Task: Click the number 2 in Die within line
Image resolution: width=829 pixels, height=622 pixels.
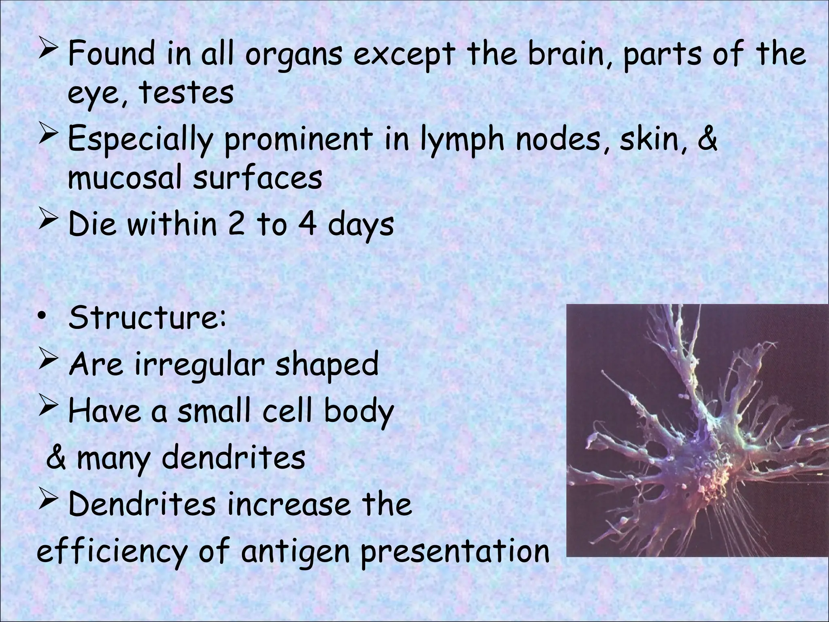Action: tap(236, 225)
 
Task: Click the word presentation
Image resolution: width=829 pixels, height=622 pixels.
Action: tap(455, 552)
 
